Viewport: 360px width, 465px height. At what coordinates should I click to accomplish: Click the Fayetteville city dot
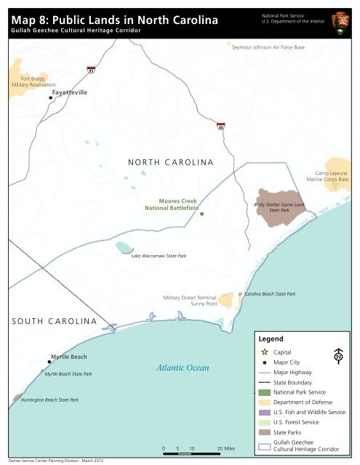(x=50, y=97)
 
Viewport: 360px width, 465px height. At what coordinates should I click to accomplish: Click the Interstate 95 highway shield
(x=90, y=70)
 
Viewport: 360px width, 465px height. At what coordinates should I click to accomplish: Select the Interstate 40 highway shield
(x=220, y=127)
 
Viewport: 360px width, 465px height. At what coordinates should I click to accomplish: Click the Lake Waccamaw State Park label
(x=159, y=256)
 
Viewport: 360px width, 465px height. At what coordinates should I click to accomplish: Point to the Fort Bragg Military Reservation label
(x=28, y=81)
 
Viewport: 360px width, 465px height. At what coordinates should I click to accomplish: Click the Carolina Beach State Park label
(x=269, y=294)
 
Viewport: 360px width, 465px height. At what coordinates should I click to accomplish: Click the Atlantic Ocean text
(x=183, y=368)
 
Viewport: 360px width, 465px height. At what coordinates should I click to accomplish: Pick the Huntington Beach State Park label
(x=49, y=400)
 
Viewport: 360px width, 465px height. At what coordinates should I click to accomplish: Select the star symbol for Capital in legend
(x=265, y=352)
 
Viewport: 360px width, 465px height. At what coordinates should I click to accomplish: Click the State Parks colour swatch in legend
(x=265, y=432)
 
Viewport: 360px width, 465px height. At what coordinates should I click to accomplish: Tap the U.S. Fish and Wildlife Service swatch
(x=265, y=412)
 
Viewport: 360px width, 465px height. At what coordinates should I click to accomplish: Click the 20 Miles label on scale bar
(x=223, y=449)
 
